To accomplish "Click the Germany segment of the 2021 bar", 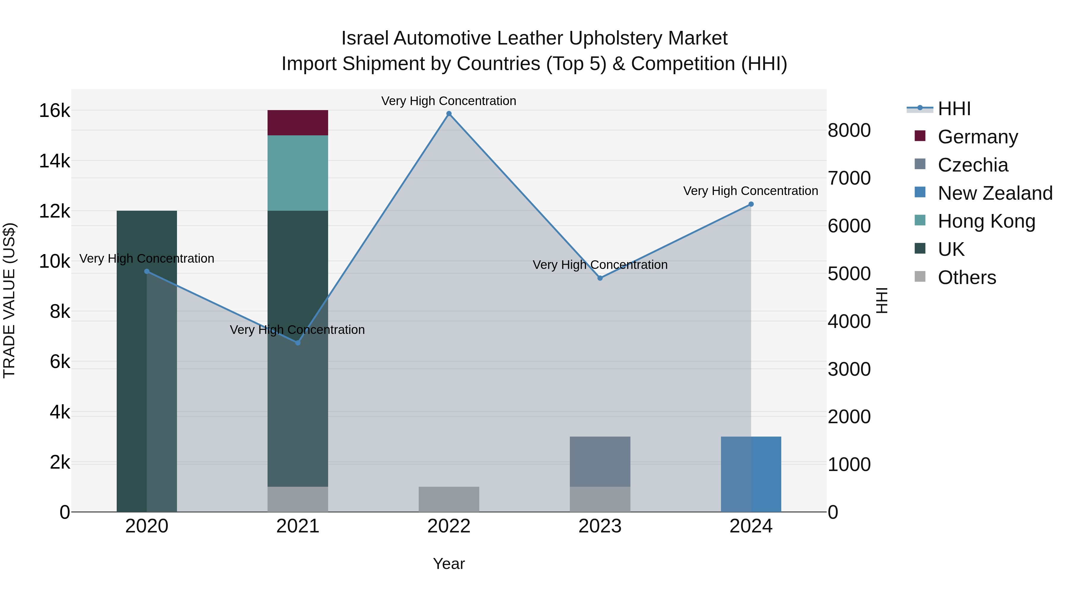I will point(298,123).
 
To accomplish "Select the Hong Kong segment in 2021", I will point(298,173).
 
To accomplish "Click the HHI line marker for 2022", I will point(449,114).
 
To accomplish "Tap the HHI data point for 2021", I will point(298,342).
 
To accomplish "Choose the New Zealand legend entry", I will point(995,193).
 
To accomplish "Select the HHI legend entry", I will point(953,109).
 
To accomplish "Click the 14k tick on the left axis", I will point(54,161).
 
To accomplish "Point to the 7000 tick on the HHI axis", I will point(849,178).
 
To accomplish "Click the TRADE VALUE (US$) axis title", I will point(10,300).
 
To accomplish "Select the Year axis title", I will point(449,564).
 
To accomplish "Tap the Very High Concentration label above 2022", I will point(449,101).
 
